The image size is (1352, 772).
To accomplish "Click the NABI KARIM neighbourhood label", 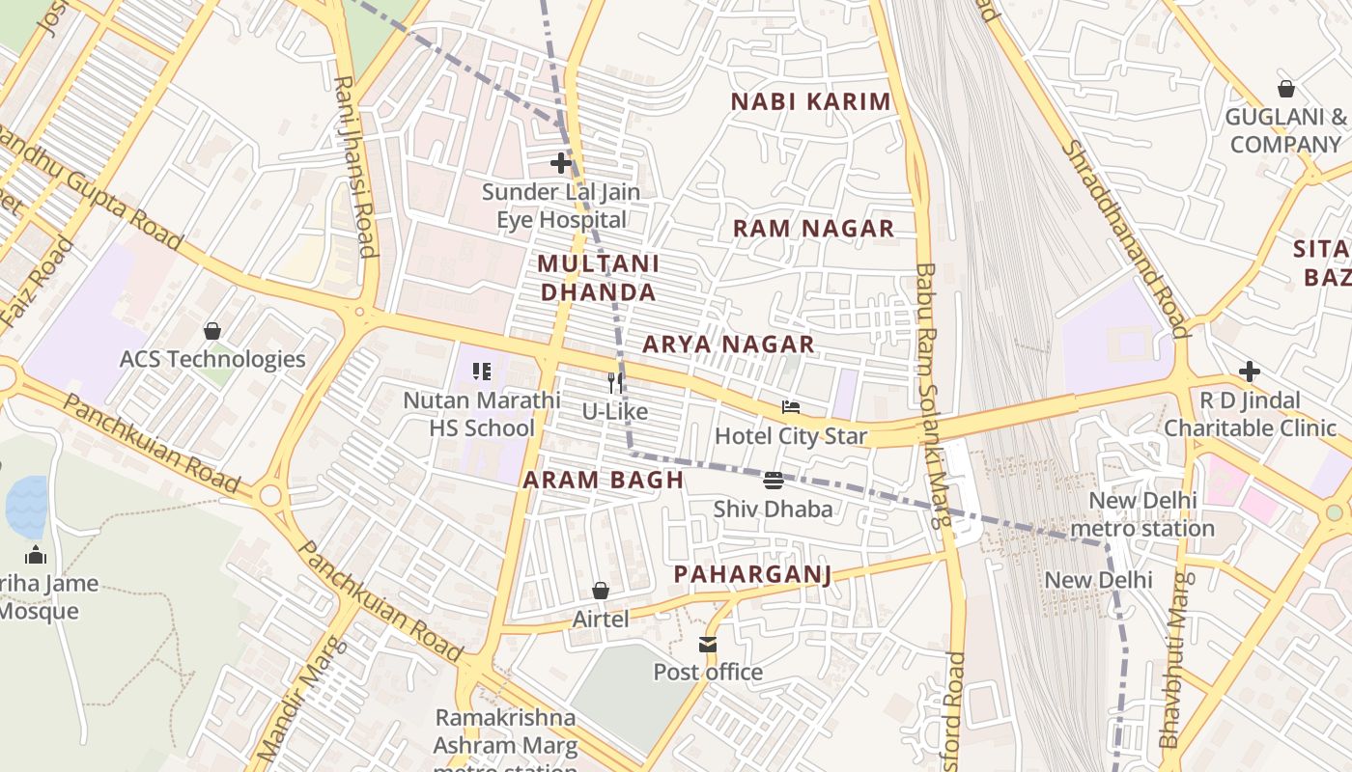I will [x=810, y=101].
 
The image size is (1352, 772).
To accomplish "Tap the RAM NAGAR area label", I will [x=813, y=229].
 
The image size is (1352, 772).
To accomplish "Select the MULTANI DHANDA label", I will [x=598, y=277].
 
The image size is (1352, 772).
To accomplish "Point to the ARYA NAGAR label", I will [x=728, y=345].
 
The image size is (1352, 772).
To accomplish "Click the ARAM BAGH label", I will [x=603, y=480].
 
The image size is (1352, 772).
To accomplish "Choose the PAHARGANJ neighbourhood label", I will [x=752, y=574].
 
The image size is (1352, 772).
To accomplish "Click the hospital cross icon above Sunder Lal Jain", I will [x=560, y=163].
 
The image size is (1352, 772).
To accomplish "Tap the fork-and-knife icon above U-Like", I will [x=614, y=383].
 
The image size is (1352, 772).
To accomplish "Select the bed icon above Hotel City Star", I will [x=790, y=407].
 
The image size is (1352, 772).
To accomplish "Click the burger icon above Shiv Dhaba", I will [x=773, y=481].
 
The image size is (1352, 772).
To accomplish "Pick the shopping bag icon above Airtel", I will [x=600, y=591].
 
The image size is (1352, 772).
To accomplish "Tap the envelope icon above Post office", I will [x=708, y=644].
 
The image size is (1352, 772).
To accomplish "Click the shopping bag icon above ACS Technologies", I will [x=211, y=331].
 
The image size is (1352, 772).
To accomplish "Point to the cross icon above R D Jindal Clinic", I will [x=1250, y=372].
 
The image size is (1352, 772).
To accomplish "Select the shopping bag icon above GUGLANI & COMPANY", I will [x=1285, y=89].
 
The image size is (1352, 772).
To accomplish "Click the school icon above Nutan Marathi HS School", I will [x=482, y=372].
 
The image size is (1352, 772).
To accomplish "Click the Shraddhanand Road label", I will [x=1124, y=237].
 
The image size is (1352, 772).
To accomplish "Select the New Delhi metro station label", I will [x=1141, y=514].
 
